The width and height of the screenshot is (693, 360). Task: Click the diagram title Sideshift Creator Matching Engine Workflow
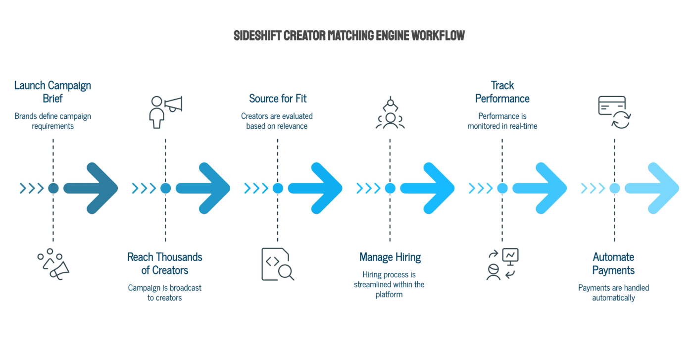pyautogui.click(x=349, y=36)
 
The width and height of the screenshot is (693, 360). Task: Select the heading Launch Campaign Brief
pyautogui.click(x=52, y=92)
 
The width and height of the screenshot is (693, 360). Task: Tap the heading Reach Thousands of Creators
pyautogui.click(x=164, y=263)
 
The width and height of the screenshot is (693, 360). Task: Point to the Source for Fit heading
pyautogui.click(x=278, y=99)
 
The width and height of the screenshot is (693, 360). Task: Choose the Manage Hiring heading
pyautogui.click(x=390, y=257)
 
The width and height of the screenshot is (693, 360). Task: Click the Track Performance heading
pyautogui.click(x=502, y=92)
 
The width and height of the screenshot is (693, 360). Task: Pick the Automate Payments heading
pyautogui.click(x=613, y=263)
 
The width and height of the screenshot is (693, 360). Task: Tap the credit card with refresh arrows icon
pyautogui.click(x=614, y=112)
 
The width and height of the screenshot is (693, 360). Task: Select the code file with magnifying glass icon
pyautogui.click(x=278, y=264)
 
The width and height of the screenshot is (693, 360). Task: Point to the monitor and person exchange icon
pyautogui.click(x=502, y=264)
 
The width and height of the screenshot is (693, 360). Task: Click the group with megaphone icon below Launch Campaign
pyautogui.click(x=53, y=264)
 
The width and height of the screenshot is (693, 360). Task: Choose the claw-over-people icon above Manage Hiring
pyautogui.click(x=390, y=112)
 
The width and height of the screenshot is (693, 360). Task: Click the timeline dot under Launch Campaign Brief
pyautogui.click(x=53, y=188)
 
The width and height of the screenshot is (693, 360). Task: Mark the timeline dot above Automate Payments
pyautogui.click(x=614, y=188)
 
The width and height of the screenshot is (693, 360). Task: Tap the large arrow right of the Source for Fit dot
pyautogui.click(x=315, y=188)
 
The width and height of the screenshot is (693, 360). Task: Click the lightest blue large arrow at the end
pyautogui.click(x=652, y=188)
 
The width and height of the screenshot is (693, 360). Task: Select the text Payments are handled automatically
pyautogui.click(x=613, y=293)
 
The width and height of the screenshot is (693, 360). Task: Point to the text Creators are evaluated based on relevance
pyautogui.click(x=277, y=121)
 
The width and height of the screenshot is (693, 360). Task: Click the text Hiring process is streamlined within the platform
pyautogui.click(x=389, y=284)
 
